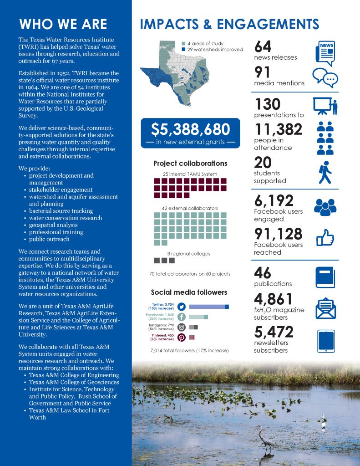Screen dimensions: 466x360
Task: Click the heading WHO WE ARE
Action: click(x=63, y=24)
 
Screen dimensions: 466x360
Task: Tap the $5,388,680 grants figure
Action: click(x=190, y=130)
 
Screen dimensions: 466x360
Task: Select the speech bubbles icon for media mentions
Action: click(x=325, y=77)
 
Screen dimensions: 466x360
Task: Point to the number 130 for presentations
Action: click(x=268, y=105)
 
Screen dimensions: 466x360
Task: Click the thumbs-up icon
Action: click(x=325, y=238)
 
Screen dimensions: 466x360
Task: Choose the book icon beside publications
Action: click(x=326, y=277)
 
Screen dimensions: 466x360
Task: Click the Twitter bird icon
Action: click(x=181, y=307)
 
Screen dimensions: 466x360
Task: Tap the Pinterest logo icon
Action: click(x=181, y=338)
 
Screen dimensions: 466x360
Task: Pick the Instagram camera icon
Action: click(x=181, y=327)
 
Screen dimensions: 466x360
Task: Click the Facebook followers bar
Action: click(x=198, y=317)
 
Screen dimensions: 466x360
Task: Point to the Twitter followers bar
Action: click(x=208, y=307)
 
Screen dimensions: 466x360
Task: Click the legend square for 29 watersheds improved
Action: click(x=183, y=49)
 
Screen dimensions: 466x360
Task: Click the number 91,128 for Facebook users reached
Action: click(x=278, y=234)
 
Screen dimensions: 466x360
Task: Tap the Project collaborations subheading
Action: click(x=190, y=164)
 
